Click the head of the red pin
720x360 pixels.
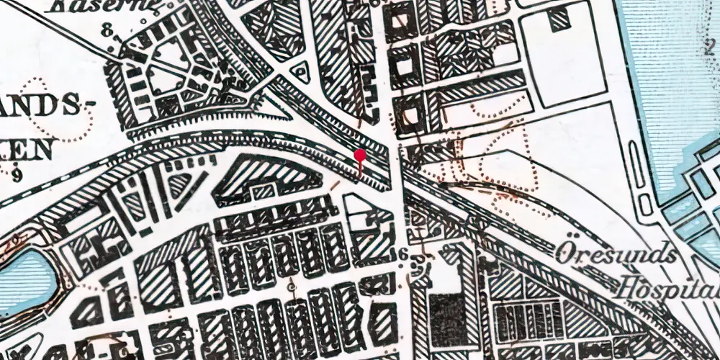coord(360,154)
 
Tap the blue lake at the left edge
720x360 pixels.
coord(22,277)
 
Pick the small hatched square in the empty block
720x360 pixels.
coord(559,20)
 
